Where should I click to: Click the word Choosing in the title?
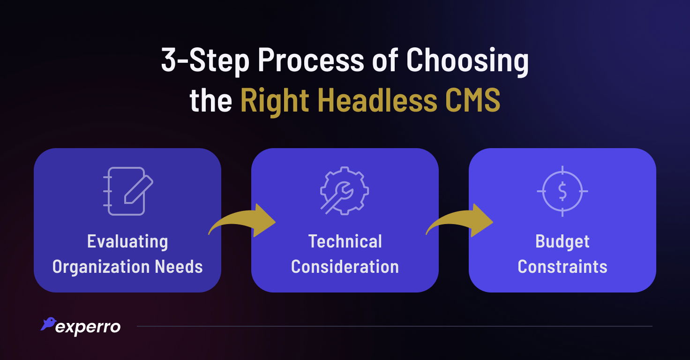click(x=467, y=60)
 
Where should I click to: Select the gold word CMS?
click(x=473, y=100)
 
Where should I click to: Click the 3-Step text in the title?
click(x=205, y=60)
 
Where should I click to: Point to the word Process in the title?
click(x=311, y=60)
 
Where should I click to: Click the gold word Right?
click(x=275, y=101)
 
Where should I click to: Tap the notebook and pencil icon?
click(x=128, y=191)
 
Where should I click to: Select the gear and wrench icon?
click(x=345, y=191)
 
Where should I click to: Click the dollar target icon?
click(x=562, y=191)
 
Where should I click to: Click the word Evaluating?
click(x=127, y=242)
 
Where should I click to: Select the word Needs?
click(x=179, y=267)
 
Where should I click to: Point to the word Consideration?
click(x=345, y=267)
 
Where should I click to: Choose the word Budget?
click(x=562, y=242)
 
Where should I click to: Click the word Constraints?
click(x=562, y=267)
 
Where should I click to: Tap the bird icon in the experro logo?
click(x=48, y=324)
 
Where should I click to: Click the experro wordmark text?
click(x=88, y=328)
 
